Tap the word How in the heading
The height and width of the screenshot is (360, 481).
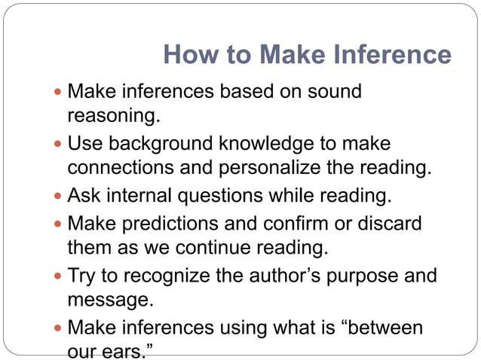pos(185,56)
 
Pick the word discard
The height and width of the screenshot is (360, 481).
pos(386,224)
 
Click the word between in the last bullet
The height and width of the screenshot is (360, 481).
pos(381,328)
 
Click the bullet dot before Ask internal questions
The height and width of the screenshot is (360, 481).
pos(60,198)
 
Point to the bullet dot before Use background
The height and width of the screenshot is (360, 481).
pos(60,144)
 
